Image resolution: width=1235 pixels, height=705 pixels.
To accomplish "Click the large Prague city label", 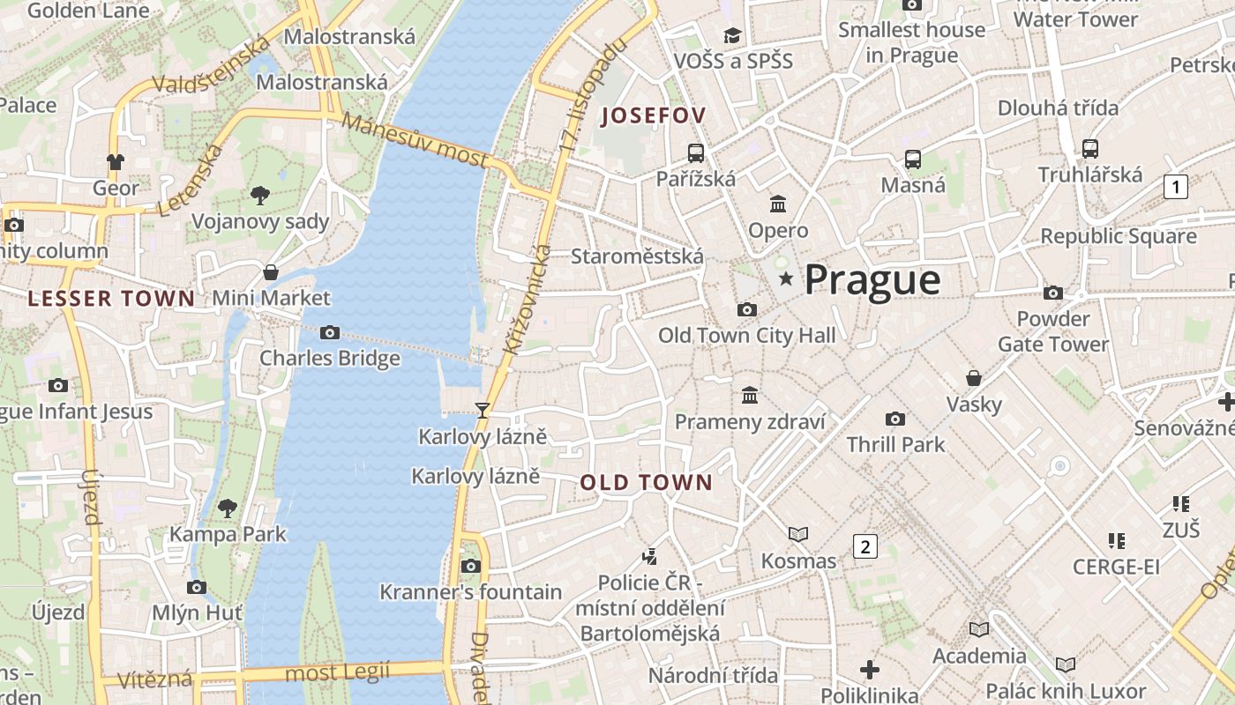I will [872, 279].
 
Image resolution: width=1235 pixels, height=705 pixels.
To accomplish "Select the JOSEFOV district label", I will [654, 115].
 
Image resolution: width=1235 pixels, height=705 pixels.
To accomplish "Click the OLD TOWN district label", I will [646, 482].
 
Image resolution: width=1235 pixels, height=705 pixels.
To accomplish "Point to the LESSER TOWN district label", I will [111, 298].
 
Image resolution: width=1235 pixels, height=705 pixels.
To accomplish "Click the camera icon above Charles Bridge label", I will [330, 332].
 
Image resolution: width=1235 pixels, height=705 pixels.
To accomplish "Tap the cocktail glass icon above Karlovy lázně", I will [483, 410].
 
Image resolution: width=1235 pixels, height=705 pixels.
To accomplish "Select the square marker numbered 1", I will [1175, 187].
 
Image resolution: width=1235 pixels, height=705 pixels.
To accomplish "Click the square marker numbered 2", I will [865, 546].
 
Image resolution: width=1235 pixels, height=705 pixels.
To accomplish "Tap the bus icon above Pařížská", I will [696, 152].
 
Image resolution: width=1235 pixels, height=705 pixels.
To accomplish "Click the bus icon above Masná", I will [913, 160].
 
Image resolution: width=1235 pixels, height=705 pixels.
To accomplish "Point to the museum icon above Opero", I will [778, 204].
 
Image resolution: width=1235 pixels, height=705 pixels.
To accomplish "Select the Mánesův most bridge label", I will [415, 141].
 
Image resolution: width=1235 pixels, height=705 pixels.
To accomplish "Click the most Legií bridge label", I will [339, 673].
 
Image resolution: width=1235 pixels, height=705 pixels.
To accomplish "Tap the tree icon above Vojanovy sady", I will [259, 195].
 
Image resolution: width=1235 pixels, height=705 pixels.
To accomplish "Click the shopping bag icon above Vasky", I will [974, 378].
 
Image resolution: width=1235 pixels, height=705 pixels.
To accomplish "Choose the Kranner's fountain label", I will [470, 591].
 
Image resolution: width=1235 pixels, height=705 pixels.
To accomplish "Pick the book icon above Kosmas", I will [798, 534].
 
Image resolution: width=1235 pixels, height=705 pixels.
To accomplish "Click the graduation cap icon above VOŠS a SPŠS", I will [733, 35].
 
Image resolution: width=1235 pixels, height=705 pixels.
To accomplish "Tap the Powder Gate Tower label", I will [1053, 330].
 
